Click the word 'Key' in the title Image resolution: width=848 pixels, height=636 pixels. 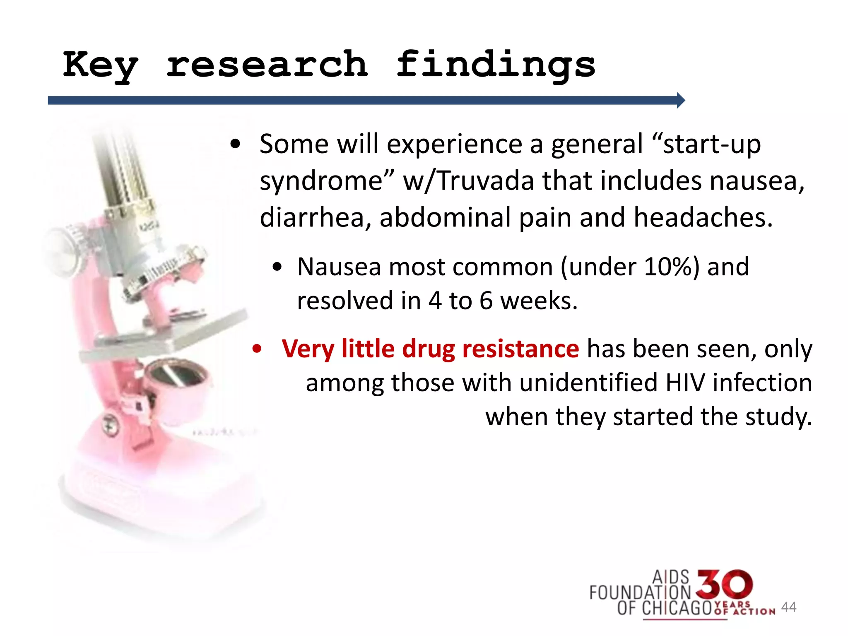coord(100,65)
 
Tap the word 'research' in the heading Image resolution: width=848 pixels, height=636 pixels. coord(267,64)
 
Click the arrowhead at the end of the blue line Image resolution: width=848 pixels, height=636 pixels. coord(681,100)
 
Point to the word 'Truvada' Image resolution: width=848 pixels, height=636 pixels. coord(486,181)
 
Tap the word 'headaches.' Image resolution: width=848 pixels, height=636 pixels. coord(703,217)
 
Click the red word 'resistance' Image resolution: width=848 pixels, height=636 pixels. coord(520,349)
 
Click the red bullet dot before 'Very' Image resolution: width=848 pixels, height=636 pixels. coord(257,349)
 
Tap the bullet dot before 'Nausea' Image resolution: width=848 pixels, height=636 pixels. coord(277,267)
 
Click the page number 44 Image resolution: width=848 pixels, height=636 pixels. coord(788,607)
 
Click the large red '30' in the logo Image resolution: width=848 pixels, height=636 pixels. coord(724,585)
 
